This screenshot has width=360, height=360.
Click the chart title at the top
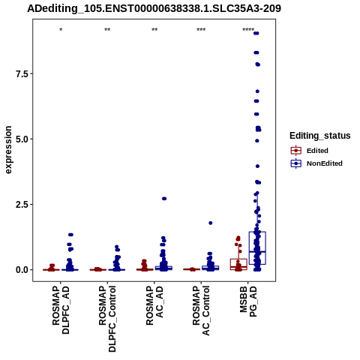[x=154, y=8]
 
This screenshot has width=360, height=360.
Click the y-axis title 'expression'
[x=8, y=150]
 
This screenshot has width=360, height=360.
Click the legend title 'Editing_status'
[x=320, y=136]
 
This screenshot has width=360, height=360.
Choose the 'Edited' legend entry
[x=317, y=151]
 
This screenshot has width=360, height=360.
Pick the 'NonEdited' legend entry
[x=325, y=163]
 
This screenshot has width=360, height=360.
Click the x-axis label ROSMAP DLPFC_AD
[x=61, y=310]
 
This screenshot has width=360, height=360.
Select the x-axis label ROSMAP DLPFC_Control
[x=107, y=319]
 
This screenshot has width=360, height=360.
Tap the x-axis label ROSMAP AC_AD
[x=154, y=305]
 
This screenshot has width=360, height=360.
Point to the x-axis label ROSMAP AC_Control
[x=201, y=310]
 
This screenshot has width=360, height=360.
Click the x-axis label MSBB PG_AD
[x=248, y=301]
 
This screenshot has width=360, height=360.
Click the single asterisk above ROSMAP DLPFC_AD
[x=61, y=30]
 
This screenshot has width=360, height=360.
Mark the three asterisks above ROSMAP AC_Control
[x=201, y=30]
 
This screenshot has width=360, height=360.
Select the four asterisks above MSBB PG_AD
[x=248, y=30]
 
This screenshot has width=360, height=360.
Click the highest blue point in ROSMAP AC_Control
[x=211, y=223]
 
